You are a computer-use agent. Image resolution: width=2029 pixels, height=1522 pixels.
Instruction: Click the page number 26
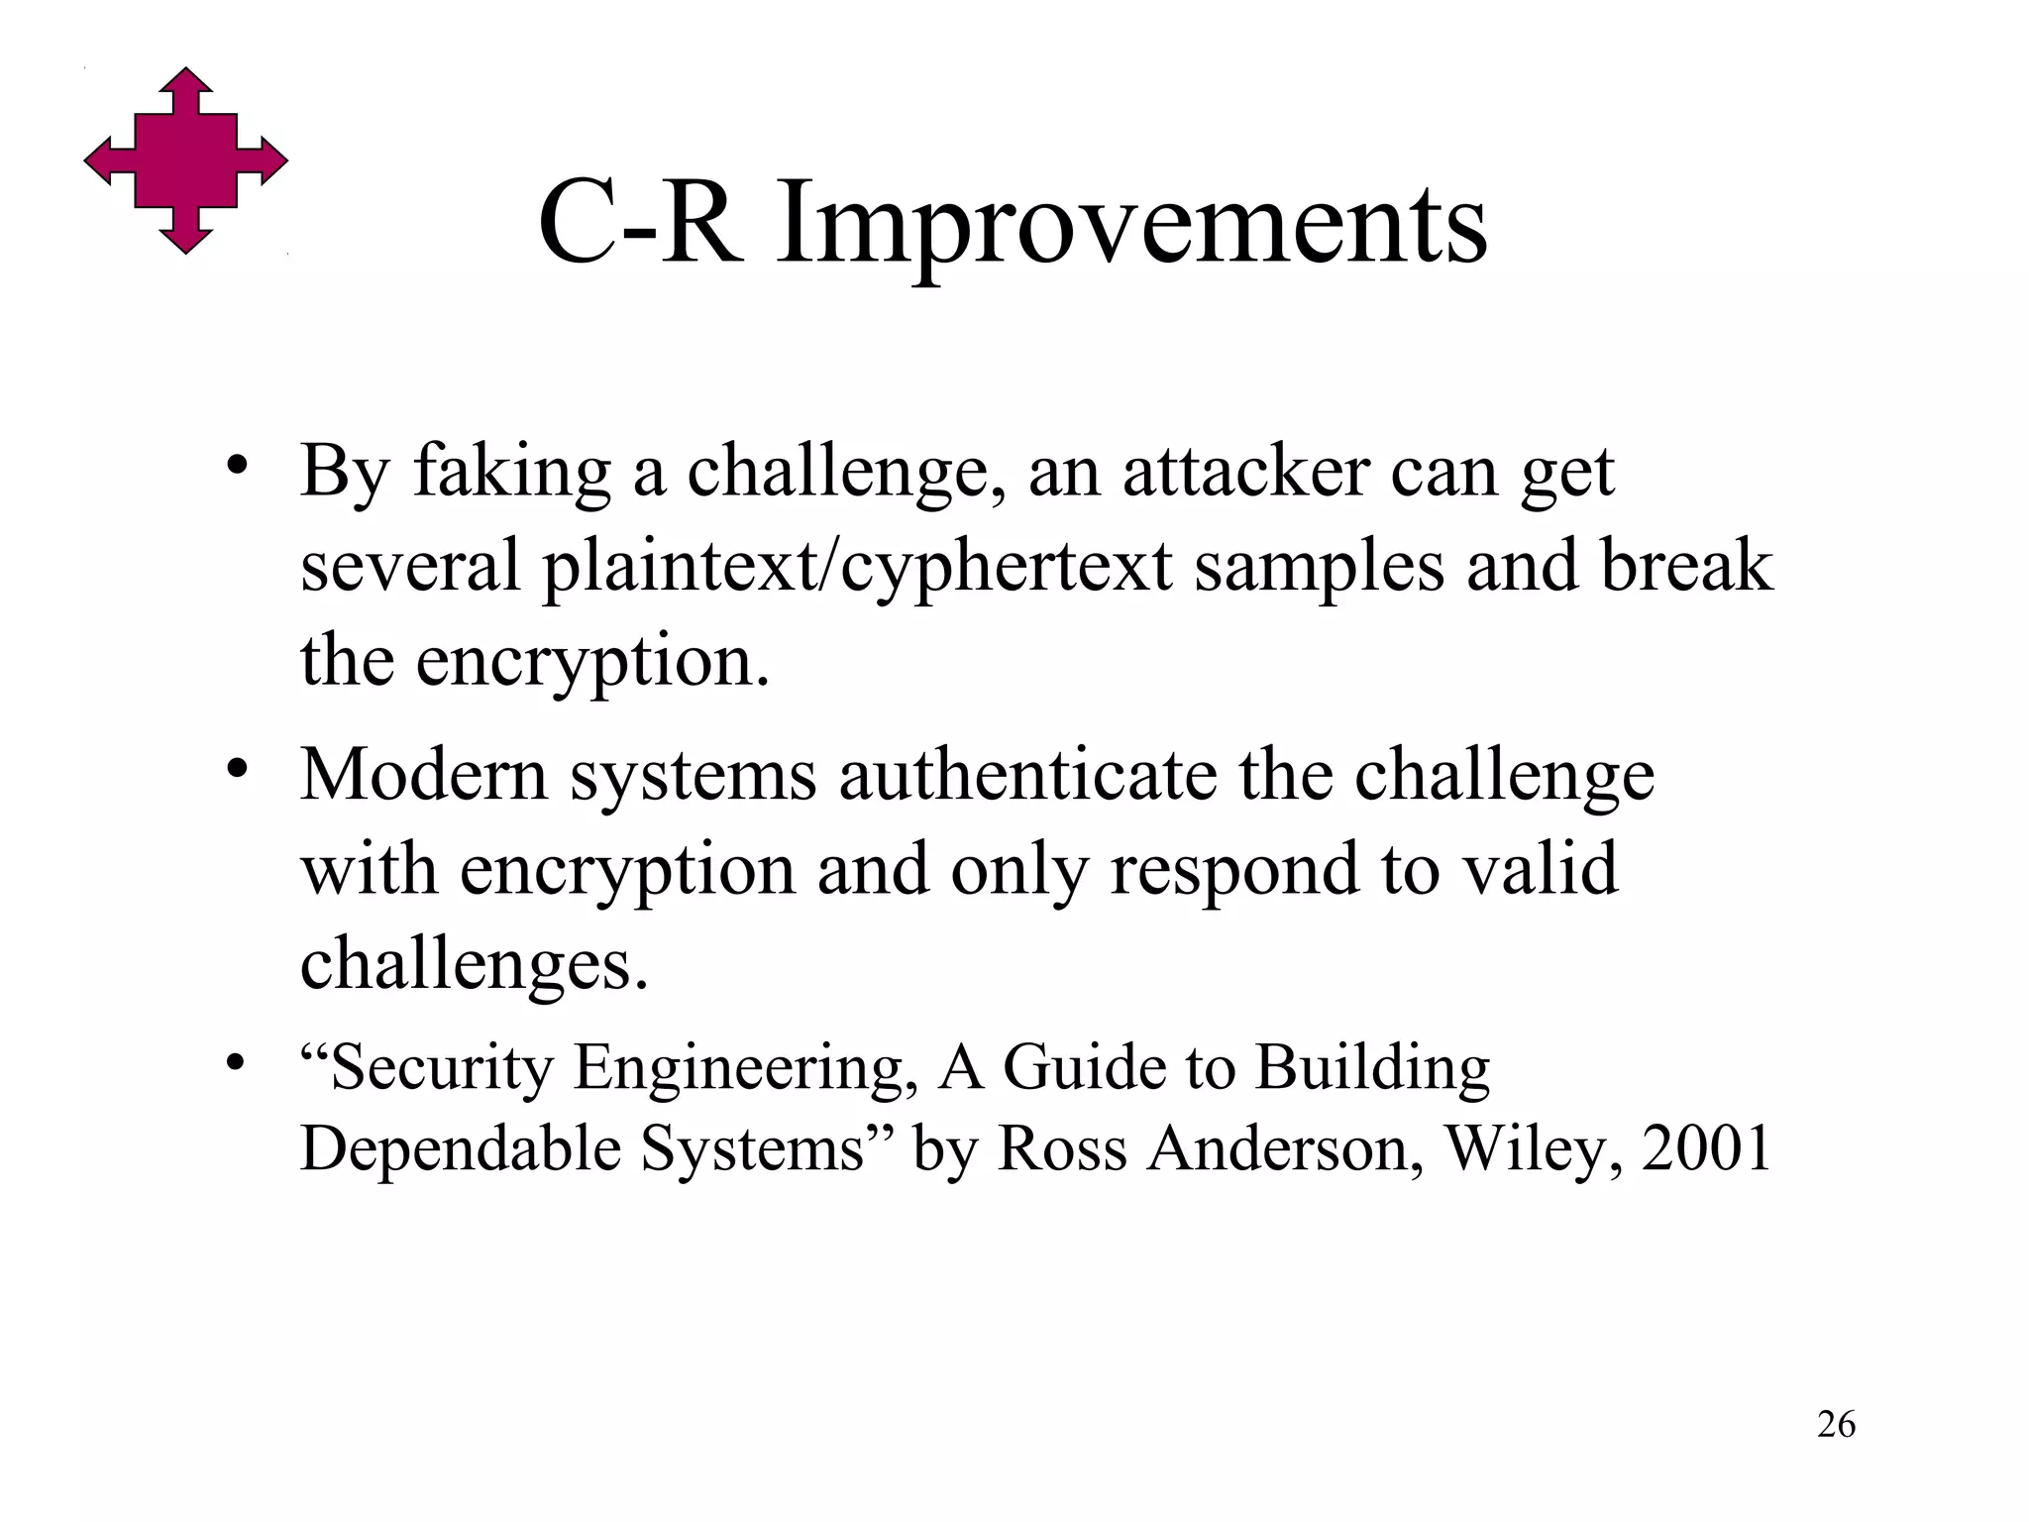[x=1836, y=1425]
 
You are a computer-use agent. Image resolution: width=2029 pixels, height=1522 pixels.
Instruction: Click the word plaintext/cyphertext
[x=858, y=568]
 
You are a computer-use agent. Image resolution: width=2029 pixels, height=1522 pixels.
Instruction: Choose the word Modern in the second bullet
[x=424, y=774]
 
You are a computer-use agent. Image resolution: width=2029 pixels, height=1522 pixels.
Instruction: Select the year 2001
[x=1707, y=1148]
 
